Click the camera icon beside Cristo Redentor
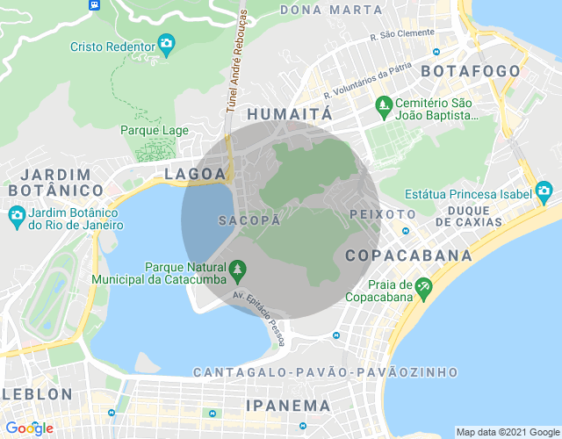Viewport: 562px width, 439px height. (165, 43)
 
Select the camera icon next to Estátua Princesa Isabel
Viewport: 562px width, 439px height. (544, 191)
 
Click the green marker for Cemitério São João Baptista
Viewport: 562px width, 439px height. (383, 106)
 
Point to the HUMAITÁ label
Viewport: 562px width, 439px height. (291, 115)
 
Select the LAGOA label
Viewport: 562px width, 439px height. (195, 175)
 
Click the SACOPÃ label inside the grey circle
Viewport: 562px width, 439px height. (249, 220)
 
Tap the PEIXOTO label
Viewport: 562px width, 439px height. (382, 214)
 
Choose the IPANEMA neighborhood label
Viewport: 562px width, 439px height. (288, 406)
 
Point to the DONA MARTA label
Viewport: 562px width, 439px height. (331, 10)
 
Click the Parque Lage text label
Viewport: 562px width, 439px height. (155, 131)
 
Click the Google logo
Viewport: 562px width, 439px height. (28, 428)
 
